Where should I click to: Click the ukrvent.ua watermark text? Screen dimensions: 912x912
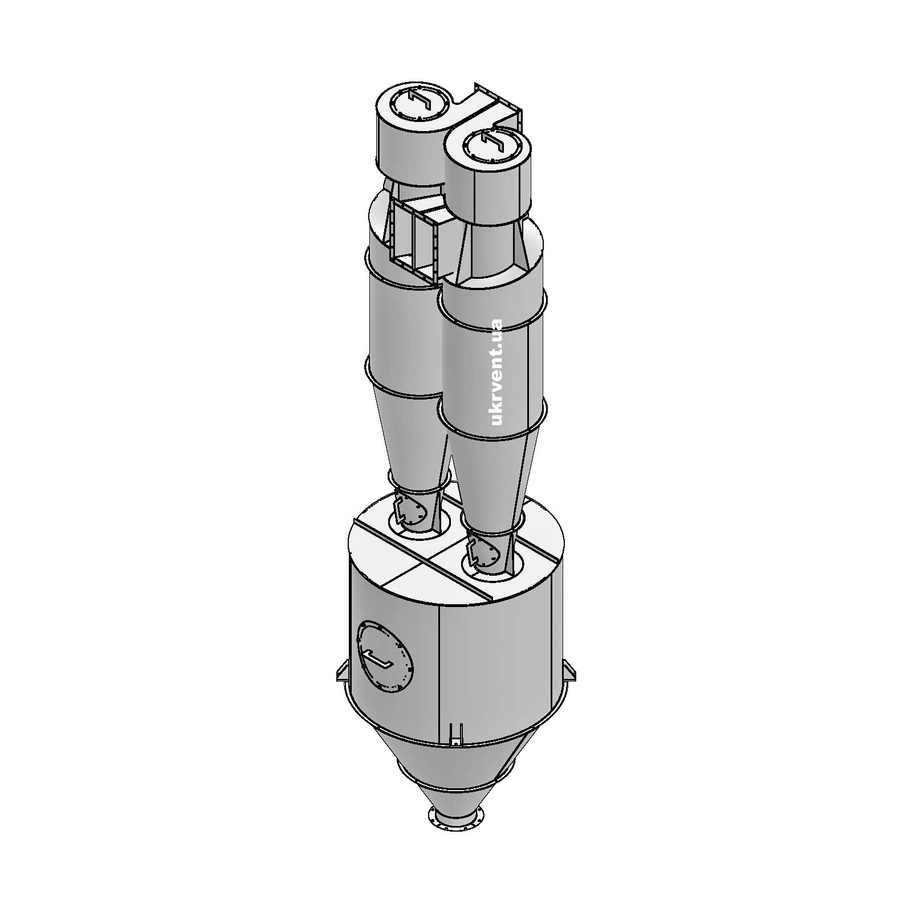click(x=496, y=372)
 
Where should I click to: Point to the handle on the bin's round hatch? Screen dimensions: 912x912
click(x=378, y=659)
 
